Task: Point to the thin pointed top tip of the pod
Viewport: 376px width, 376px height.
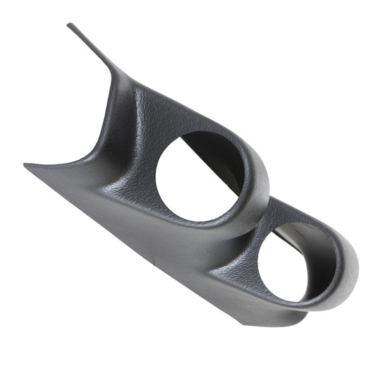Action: (x=71, y=26)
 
